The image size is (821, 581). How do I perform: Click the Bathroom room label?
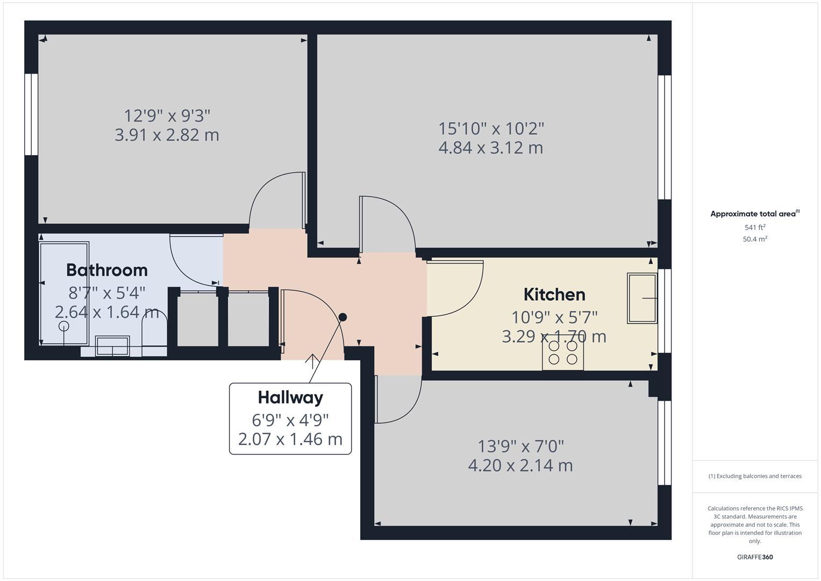click(x=106, y=270)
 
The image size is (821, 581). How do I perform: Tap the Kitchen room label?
click(x=554, y=294)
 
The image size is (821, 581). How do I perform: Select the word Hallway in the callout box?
click(x=290, y=398)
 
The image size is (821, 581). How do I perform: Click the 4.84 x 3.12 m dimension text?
click(x=490, y=147)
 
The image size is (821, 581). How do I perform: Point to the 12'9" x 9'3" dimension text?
click(x=167, y=116)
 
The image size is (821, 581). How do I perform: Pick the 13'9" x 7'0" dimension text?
click(x=520, y=446)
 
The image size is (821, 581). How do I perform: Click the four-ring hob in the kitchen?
click(x=563, y=353)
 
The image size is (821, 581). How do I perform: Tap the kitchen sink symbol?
click(x=642, y=298)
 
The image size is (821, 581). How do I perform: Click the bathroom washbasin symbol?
click(x=112, y=345)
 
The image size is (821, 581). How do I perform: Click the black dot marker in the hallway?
click(x=342, y=317)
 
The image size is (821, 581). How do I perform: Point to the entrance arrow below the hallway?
click(x=312, y=361)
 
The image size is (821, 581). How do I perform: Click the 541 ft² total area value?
click(x=755, y=228)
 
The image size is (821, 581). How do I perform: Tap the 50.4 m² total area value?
click(x=755, y=239)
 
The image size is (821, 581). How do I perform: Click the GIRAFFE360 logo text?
click(x=755, y=557)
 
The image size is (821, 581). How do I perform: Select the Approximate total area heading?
click(x=754, y=214)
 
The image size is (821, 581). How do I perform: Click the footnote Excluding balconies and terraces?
click(x=755, y=476)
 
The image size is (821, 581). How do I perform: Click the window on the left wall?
click(x=31, y=115)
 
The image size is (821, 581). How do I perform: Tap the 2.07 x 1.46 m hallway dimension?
click(x=290, y=439)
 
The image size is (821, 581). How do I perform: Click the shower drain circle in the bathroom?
click(x=64, y=327)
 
